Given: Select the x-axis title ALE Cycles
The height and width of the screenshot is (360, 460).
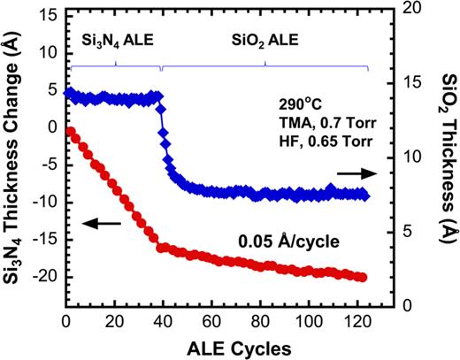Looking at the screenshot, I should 229,344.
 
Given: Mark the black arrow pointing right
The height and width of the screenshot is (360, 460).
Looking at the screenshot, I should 374,173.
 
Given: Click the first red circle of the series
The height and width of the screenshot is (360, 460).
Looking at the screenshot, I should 70,131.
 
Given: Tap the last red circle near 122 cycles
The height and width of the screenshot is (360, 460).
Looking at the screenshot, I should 362,278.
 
